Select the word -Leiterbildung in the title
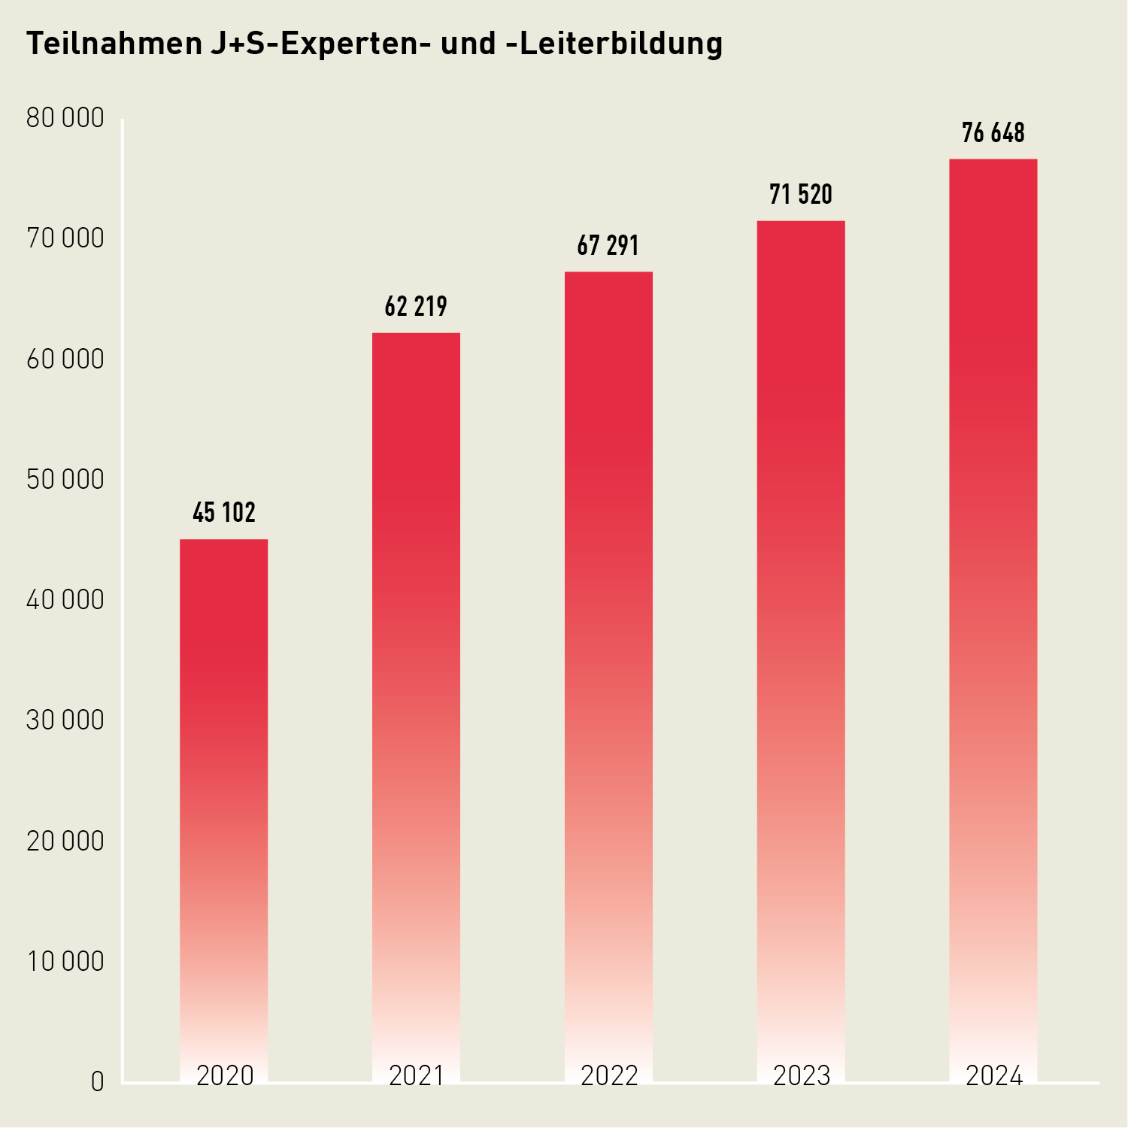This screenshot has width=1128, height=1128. tap(620, 44)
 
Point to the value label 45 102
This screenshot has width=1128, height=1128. tap(224, 513)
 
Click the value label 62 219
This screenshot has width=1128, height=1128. tap(416, 307)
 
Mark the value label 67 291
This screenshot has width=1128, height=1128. tap(608, 246)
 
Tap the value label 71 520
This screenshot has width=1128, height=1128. tap(801, 195)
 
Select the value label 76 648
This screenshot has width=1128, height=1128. tap(993, 133)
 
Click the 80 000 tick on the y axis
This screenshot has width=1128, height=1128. tap(65, 118)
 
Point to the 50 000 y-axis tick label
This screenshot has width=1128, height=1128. tap(65, 480)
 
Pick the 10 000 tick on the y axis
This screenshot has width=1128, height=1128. tap(65, 962)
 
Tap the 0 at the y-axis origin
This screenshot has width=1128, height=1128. tap(98, 1082)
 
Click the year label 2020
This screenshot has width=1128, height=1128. tap(225, 1076)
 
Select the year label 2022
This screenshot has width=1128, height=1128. tap(609, 1076)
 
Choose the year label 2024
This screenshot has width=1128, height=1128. tap(994, 1076)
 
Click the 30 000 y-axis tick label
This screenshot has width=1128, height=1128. tap(65, 720)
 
